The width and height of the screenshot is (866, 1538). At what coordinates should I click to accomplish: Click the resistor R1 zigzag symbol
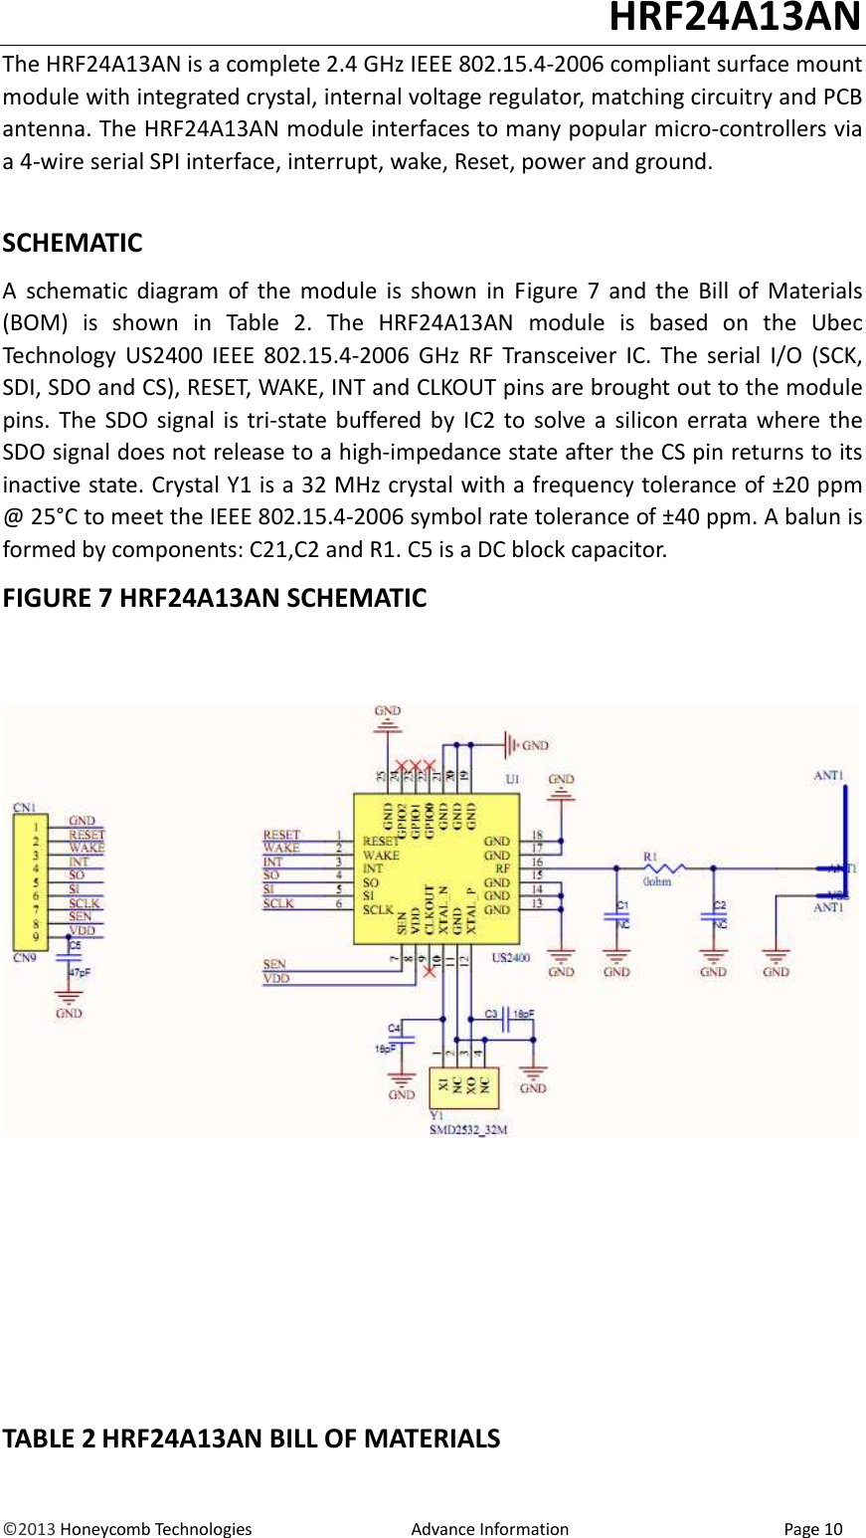pyautogui.click(x=664, y=868)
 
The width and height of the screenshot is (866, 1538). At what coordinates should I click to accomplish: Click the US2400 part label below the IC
pyautogui.click(x=511, y=958)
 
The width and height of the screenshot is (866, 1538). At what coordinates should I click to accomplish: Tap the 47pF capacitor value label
pyautogui.click(x=80, y=973)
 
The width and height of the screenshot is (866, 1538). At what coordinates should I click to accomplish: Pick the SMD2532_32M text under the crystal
pyautogui.click(x=468, y=1129)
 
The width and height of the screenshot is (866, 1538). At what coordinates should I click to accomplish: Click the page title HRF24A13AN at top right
pyautogui.click(x=734, y=18)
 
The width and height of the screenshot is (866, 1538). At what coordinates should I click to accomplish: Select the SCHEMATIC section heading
pyautogui.click(x=73, y=243)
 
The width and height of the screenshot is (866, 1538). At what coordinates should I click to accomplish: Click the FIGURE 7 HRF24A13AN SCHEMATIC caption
pyautogui.click(x=215, y=598)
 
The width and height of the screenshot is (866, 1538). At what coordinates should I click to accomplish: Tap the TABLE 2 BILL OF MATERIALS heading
pyautogui.click(x=252, y=1439)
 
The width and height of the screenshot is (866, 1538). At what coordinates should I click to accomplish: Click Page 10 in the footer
pyautogui.click(x=812, y=1529)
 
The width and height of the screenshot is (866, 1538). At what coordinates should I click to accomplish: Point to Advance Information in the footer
pyautogui.click(x=489, y=1529)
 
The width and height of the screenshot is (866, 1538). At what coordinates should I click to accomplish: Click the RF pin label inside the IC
pyautogui.click(x=502, y=868)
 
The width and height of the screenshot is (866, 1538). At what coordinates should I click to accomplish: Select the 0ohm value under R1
pyautogui.click(x=657, y=882)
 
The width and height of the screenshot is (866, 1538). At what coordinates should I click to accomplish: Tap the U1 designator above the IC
pyautogui.click(x=512, y=779)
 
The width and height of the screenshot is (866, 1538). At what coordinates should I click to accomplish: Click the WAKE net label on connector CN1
pyautogui.click(x=86, y=848)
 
